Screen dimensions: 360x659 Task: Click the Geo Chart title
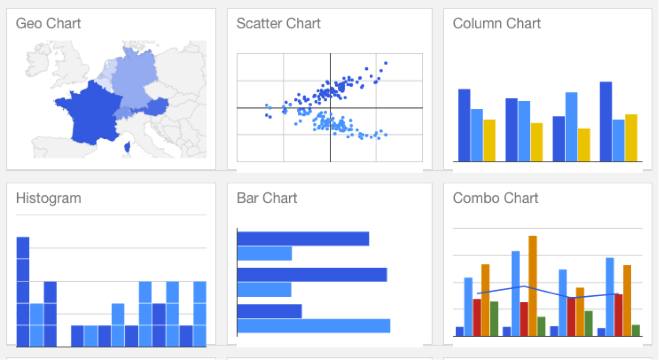(48, 24)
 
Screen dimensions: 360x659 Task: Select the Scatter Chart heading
(279, 24)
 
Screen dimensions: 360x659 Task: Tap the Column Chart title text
(496, 24)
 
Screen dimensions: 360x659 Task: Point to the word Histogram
(48, 198)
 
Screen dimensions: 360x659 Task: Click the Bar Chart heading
(267, 198)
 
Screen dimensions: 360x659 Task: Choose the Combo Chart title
(495, 198)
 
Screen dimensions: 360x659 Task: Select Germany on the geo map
(134, 81)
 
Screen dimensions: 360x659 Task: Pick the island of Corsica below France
(127, 147)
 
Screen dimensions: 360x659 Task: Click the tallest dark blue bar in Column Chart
(606, 122)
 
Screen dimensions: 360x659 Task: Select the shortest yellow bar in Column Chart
(584, 145)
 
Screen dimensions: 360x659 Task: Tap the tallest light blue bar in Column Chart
(571, 127)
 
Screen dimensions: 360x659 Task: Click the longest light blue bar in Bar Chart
(314, 326)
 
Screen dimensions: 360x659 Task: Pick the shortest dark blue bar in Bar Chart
(269, 311)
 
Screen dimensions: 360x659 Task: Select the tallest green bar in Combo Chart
(494, 318)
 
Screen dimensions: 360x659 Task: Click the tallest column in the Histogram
(23, 291)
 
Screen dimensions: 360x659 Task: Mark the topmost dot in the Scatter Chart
(386, 63)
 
